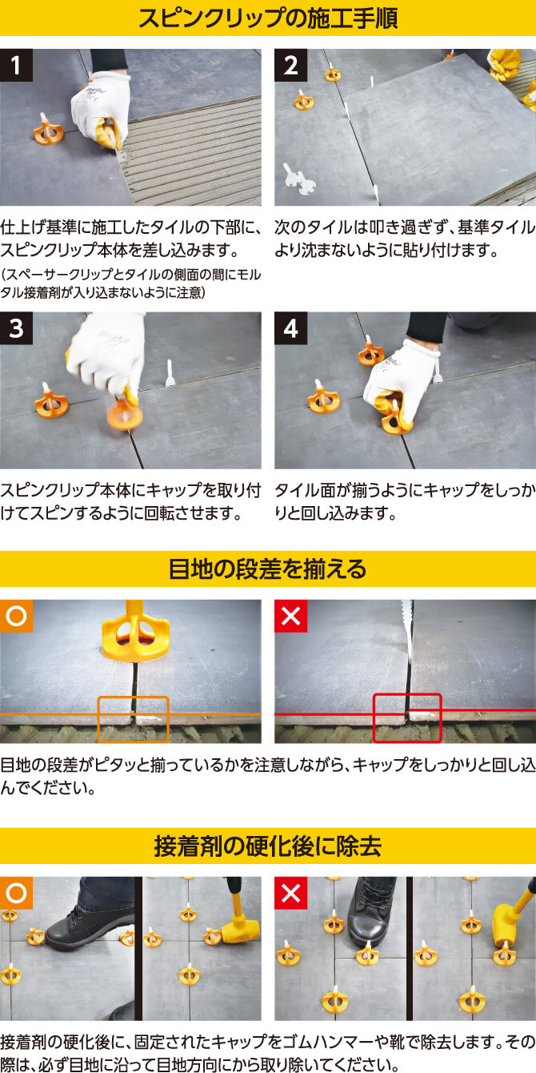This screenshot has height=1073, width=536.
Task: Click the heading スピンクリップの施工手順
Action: (268, 18)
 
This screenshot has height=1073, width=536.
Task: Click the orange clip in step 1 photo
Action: (48, 130)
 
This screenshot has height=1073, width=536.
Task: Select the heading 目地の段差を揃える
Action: (268, 569)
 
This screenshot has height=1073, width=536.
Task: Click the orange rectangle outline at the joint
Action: (133, 718)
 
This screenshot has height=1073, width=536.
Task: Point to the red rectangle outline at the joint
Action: (407, 717)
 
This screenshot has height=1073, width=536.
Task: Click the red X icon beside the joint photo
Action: (290, 617)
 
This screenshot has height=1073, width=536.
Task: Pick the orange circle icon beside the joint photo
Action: (16, 617)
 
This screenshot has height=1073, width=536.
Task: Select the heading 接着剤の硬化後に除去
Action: (268, 846)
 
